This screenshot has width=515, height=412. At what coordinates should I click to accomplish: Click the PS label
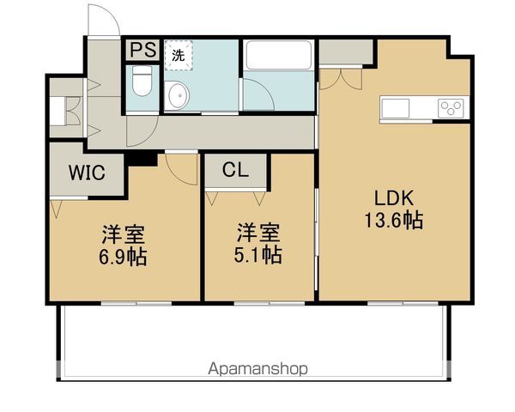tap(143, 51)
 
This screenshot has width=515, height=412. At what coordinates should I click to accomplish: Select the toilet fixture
tap(142, 83)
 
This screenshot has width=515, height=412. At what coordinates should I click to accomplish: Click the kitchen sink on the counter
tap(397, 107)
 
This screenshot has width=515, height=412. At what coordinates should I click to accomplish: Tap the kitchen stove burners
tap(450, 108)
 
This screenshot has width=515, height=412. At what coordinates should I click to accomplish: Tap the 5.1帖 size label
tap(258, 255)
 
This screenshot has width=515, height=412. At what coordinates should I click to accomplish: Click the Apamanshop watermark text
tap(257, 369)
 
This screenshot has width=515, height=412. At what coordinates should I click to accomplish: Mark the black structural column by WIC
tap(142, 159)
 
